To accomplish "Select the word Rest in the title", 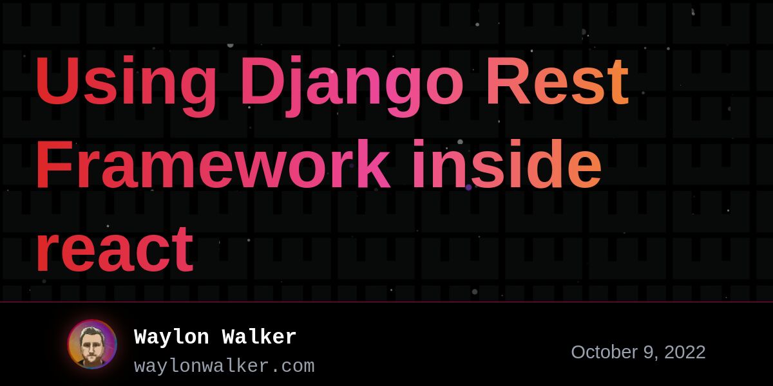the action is click(x=557, y=80).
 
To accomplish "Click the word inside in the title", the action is click(x=507, y=163).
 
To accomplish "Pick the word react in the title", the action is click(x=115, y=248).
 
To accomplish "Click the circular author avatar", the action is click(x=92, y=344).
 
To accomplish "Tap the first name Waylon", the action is click(x=171, y=336).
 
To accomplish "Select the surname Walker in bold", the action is click(x=259, y=336).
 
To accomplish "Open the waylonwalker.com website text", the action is click(x=224, y=366).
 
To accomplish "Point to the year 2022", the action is click(x=685, y=353).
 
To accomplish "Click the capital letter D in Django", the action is click(x=263, y=80).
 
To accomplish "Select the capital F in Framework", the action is click(x=54, y=163).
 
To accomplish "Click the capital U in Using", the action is click(x=57, y=80).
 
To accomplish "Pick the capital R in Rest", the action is click(x=508, y=80).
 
